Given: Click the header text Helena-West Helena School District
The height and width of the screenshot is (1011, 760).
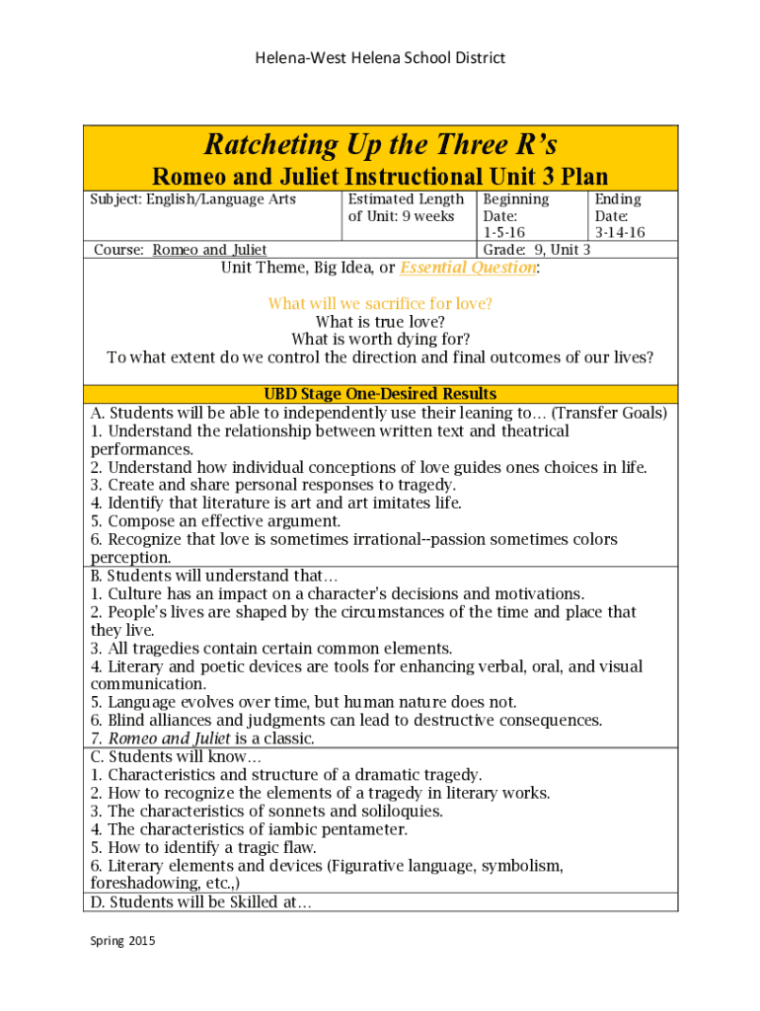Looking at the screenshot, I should (380, 58).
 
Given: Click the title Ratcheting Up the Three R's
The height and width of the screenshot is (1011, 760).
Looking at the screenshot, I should (380, 146).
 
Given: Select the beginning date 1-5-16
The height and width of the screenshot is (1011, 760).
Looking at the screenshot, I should (503, 233).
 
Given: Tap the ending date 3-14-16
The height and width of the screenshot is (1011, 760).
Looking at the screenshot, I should (619, 233).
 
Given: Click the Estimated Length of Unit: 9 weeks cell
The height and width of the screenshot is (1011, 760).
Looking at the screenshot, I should (406, 207).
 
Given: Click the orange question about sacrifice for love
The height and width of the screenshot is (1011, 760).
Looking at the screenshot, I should (380, 304).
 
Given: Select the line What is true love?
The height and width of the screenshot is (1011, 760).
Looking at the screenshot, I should (380, 322).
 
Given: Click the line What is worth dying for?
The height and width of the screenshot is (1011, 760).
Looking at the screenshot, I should (380, 340).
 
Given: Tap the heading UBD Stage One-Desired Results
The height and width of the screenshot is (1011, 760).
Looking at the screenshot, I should (380, 394).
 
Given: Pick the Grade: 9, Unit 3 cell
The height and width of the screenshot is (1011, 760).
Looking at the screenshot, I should (536, 250).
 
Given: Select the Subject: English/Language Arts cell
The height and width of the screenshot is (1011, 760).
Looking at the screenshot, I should (193, 199).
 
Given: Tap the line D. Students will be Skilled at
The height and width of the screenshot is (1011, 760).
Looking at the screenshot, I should (201, 902).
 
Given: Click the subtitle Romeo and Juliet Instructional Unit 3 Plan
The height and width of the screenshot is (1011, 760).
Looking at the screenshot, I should (380, 177).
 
